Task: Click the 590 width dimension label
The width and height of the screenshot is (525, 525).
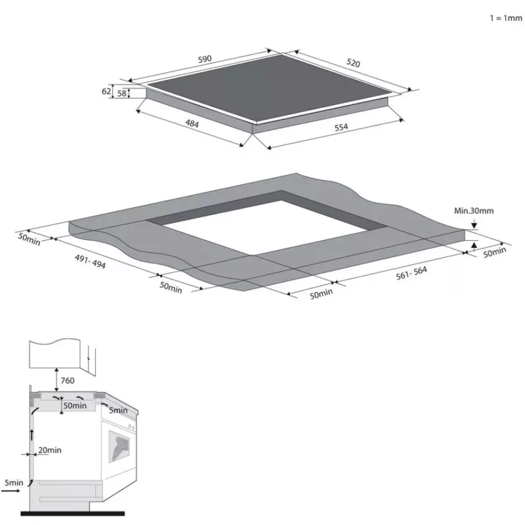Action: [x=205, y=59]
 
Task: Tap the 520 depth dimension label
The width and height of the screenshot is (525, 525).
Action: [x=353, y=63]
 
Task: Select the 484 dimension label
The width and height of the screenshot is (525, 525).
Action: [x=192, y=124]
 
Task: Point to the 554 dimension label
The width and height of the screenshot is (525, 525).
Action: [x=341, y=127]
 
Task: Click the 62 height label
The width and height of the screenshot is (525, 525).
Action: [x=106, y=91]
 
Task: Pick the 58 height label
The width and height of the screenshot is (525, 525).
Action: [x=122, y=93]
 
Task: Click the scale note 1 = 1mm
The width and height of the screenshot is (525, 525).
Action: [x=506, y=18]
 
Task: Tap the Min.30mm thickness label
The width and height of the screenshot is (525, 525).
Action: [x=474, y=211]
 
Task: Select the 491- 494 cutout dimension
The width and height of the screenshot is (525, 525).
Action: [x=90, y=261]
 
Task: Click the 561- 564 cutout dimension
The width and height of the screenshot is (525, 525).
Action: [x=411, y=273]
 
